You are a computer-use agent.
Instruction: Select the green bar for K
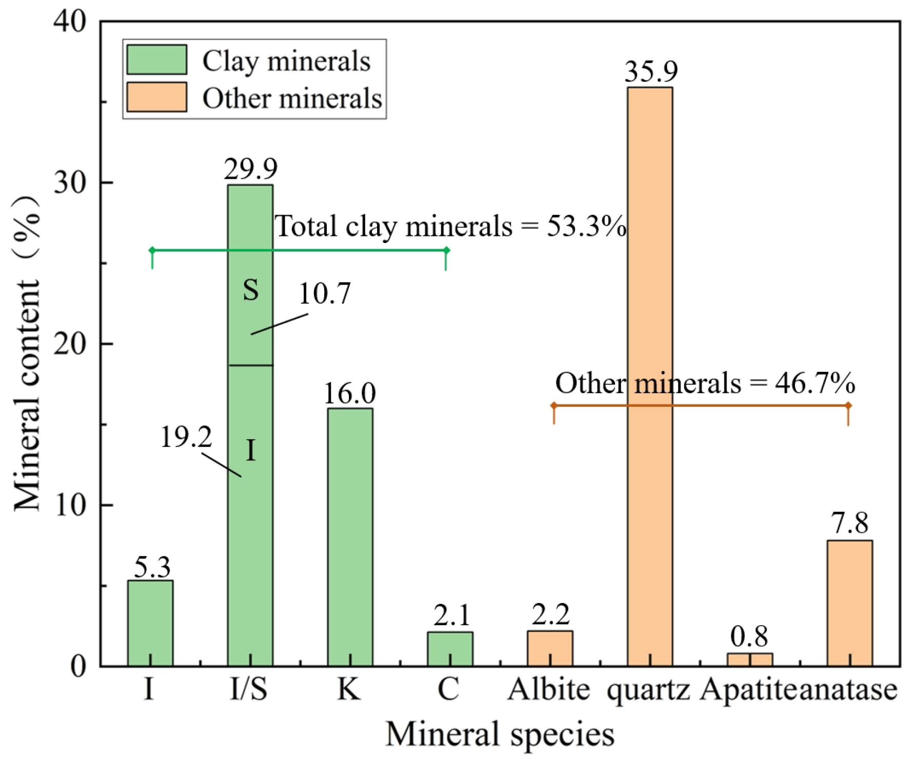click(350, 537)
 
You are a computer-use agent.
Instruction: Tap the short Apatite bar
click(750, 660)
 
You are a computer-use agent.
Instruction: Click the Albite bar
click(550, 648)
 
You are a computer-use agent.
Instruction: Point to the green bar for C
click(450, 649)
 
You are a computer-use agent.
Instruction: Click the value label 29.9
click(250, 169)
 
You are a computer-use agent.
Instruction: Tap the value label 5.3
click(152, 567)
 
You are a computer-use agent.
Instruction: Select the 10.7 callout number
click(325, 293)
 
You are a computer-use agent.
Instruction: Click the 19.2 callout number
click(186, 437)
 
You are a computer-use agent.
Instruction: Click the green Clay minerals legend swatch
click(157, 60)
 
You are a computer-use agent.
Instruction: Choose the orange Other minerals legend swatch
click(157, 97)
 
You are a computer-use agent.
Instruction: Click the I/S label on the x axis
click(249, 689)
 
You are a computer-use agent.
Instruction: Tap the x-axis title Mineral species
click(499, 733)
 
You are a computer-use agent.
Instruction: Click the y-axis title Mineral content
click(27, 355)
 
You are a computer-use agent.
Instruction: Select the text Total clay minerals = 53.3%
click(451, 226)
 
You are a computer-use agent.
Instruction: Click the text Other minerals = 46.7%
click(705, 383)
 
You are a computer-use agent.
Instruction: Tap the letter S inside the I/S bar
click(251, 290)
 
